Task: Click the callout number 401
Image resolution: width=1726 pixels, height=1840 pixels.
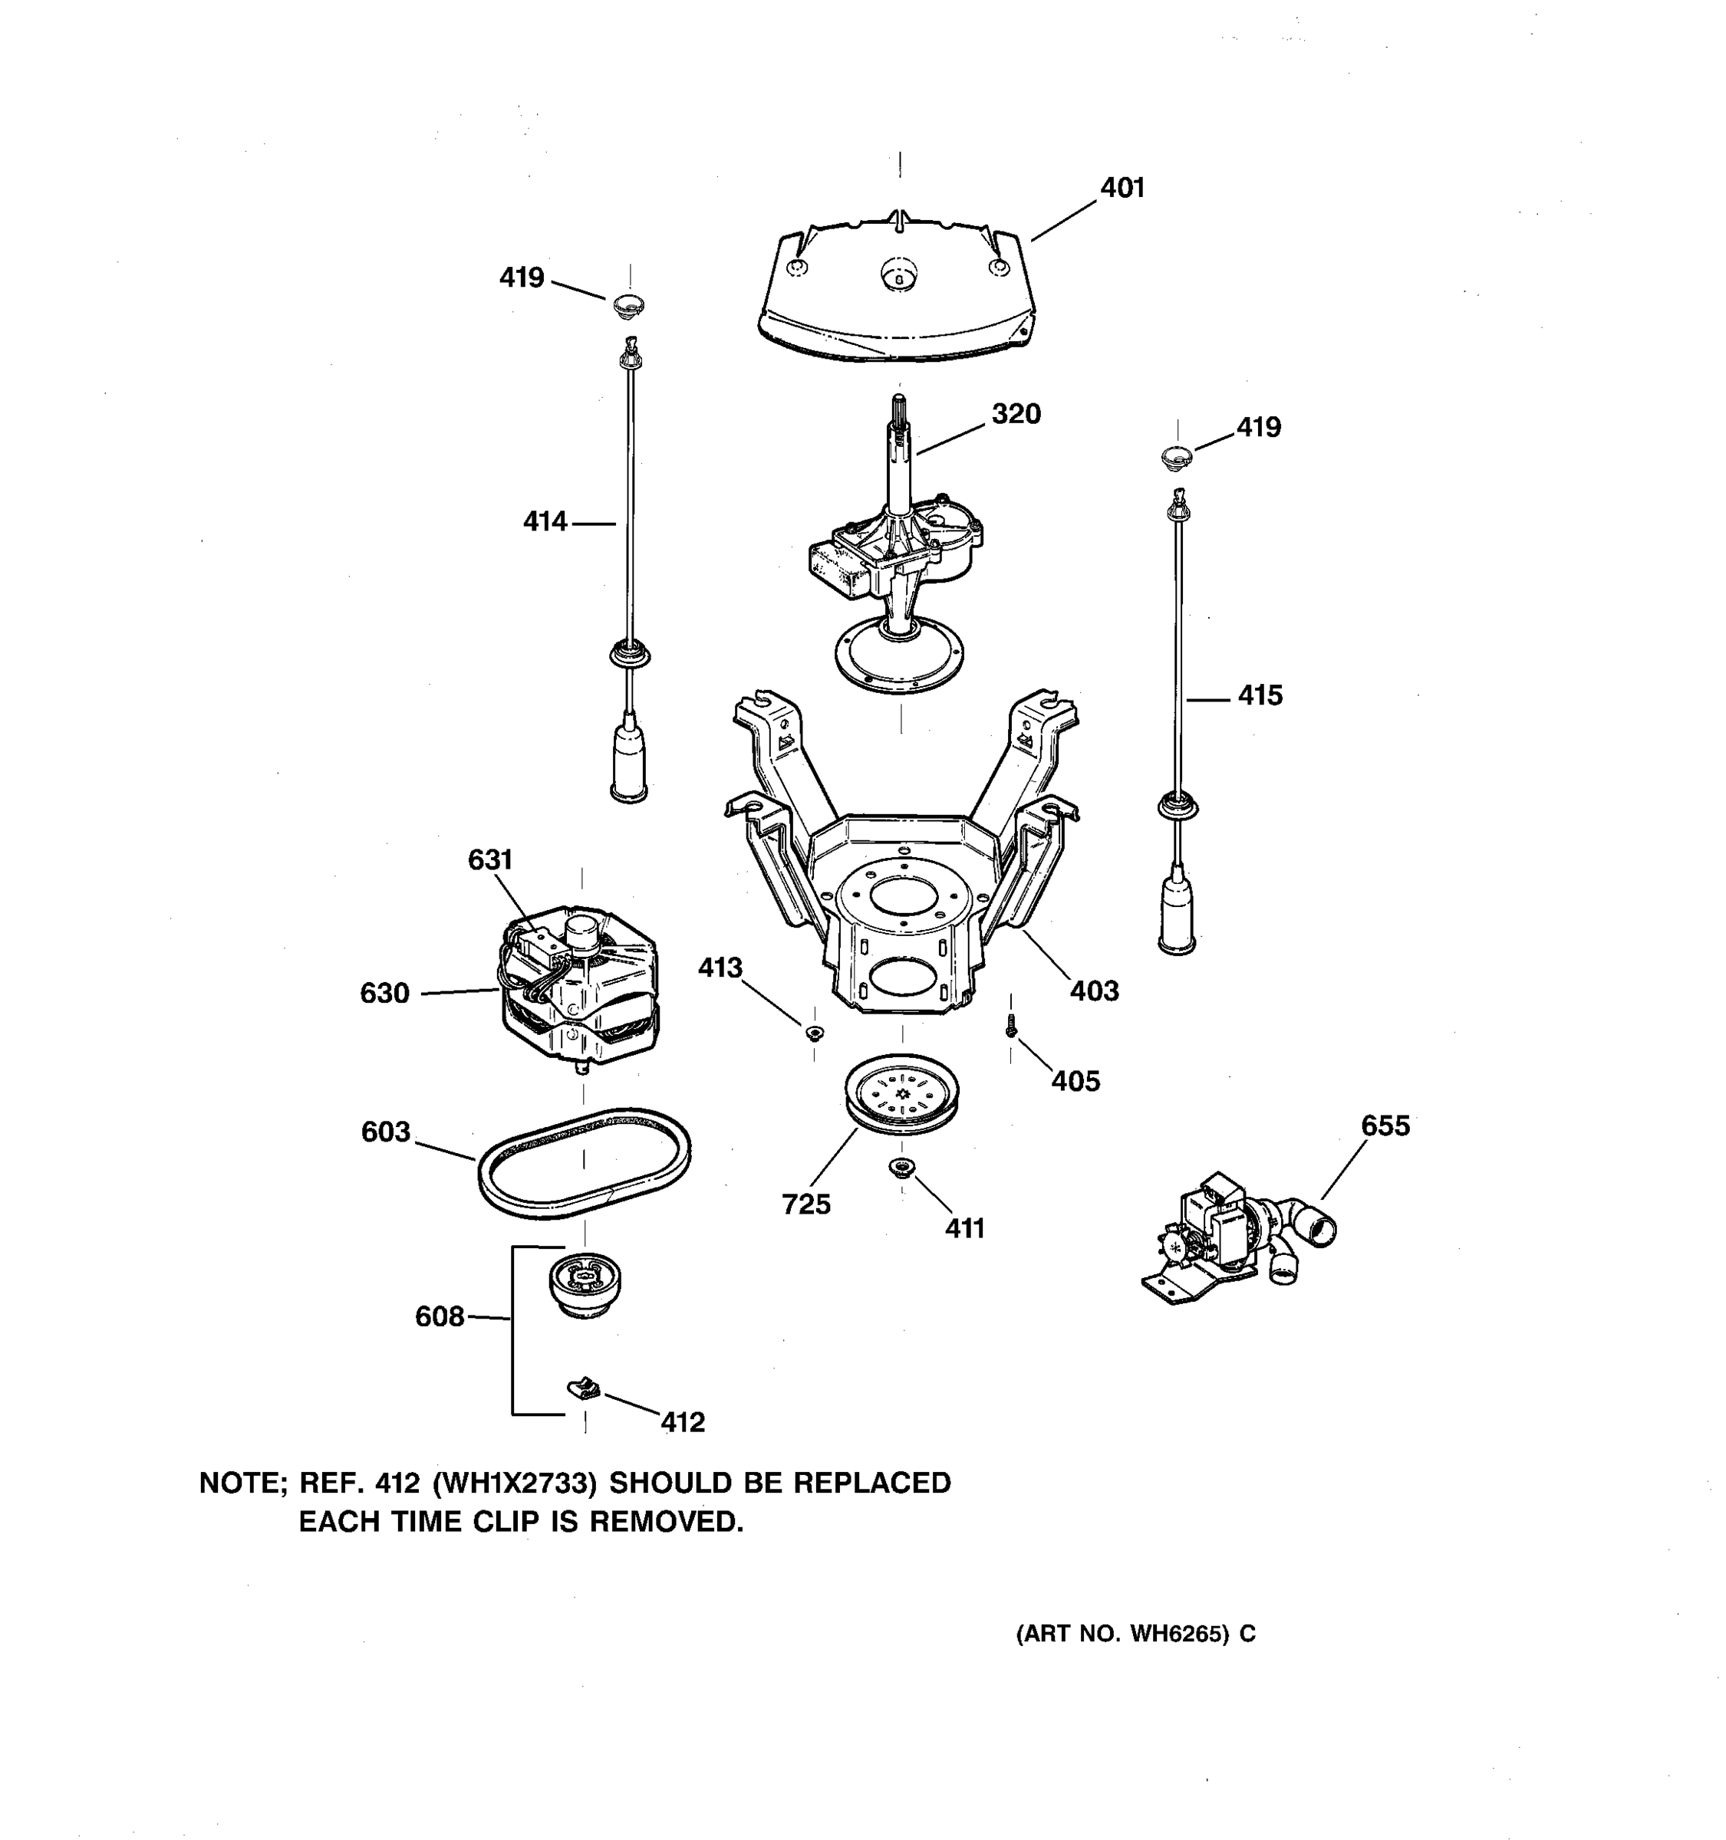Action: tap(1122, 188)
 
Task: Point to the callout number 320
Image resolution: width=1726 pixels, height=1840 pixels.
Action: tap(1016, 414)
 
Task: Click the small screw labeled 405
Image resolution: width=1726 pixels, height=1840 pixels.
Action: tap(1011, 1027)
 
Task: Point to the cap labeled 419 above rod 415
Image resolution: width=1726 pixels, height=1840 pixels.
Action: tap(1176, 456)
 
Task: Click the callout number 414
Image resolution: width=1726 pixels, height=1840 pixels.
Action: tap(545, 522)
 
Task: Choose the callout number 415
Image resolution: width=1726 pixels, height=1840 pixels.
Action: tap(1260, 696)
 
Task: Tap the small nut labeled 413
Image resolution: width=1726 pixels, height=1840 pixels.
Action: tap(814, 1032)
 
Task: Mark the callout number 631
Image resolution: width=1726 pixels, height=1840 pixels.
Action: tap(490, 860)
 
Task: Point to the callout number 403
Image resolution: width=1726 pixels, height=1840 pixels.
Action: tap(1095, 991)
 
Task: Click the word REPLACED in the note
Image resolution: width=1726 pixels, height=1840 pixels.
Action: tap(871, 1483)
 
